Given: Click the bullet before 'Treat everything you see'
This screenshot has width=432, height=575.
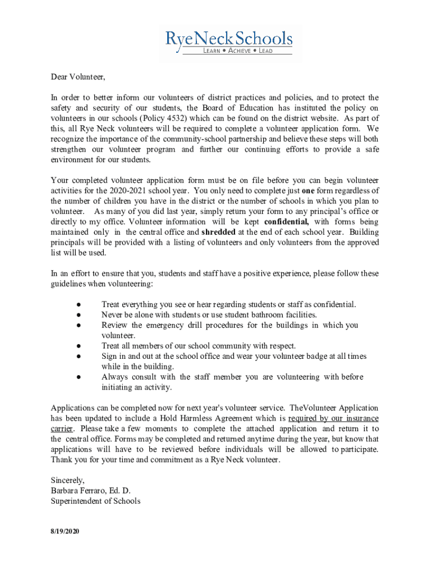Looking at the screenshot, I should point(80,305).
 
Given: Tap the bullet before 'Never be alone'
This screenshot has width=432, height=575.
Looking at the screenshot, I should point(80,315).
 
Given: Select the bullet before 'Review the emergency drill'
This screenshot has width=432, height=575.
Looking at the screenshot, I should point(80,325).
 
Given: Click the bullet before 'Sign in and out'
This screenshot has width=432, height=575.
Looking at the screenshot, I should point(80,356).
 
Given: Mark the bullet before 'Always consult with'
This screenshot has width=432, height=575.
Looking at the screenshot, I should point(80,377).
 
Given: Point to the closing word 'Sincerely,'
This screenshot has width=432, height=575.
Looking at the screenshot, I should point(68,480).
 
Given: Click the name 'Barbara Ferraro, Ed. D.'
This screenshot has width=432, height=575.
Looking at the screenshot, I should point(90,491).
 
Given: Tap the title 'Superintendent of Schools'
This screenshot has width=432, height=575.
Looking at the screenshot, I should point(95,501).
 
